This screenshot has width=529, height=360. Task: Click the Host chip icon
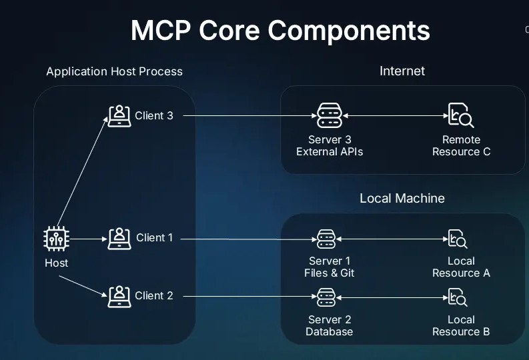coord(56,238)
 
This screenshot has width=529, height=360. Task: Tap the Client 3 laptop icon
coord(119,115)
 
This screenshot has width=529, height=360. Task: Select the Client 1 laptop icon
coord(119,237)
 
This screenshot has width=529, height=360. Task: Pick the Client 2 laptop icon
coord(119,295)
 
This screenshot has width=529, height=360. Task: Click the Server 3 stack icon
coord(329,115)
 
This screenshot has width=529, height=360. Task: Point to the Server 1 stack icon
coord(326,238)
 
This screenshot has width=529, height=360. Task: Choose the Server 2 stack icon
coord(326,295)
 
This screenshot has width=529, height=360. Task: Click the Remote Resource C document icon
coord(460,115)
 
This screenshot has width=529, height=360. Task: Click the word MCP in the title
coord(163,31)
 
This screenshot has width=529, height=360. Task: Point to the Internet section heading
coord(402,71)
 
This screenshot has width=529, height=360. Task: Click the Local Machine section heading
coord(402,198)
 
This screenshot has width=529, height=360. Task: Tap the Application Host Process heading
coord(114,71)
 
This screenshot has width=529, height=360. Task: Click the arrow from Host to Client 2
coord(83,283)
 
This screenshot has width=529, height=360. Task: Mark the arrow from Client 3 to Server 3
coord(247,116)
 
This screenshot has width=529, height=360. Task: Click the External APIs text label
coord(330,151)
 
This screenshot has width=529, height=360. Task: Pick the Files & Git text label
coord(329,273)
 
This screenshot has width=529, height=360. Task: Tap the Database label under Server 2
coord(329,331)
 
